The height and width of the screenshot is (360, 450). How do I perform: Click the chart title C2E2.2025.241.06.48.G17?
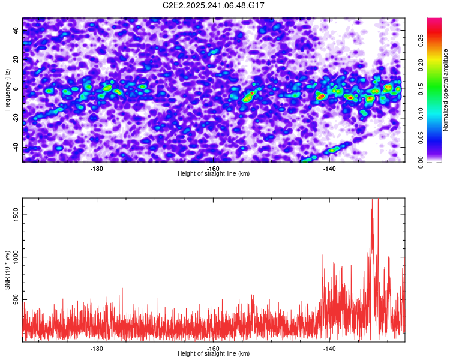(x=214, y=5)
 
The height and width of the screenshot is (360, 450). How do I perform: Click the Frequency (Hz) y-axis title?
(x=7, y=90)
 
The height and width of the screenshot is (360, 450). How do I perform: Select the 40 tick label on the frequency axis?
(x=17, y=31)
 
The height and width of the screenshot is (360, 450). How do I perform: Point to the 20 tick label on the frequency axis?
(x=17, y=60)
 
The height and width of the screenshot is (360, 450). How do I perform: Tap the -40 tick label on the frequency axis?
(x=16, y=148)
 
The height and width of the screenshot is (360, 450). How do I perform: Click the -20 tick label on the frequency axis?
(x=16, y=118)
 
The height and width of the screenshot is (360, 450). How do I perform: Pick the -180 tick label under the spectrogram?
(x=97, y=168)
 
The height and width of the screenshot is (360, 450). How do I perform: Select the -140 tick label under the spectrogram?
(x=329, y=168)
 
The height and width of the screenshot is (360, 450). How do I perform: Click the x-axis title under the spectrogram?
(x=214, y=173)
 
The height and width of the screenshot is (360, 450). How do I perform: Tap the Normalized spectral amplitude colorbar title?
(x=446, y=90)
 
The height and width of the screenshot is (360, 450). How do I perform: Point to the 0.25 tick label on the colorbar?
(x=420, y=40)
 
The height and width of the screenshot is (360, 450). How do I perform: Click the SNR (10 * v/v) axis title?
(x=7, y=270)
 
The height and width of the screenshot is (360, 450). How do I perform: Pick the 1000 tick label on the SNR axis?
(x=14, y=257)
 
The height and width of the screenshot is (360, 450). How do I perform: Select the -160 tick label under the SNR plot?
(x=213, y=348)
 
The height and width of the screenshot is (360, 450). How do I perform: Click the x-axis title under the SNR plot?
(x=214, y=353)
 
